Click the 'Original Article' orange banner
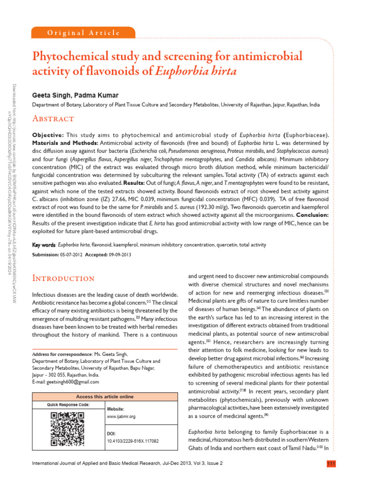click(x=83, y=33)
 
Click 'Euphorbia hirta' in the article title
click(x=196, y=71)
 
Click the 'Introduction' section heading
click(x=63, y=278)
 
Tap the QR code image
click(x=67, y=429)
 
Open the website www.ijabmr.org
click(x=122, y=416)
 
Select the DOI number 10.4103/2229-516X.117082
click(x=132, y=441)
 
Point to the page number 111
click(x=331, y=464)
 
